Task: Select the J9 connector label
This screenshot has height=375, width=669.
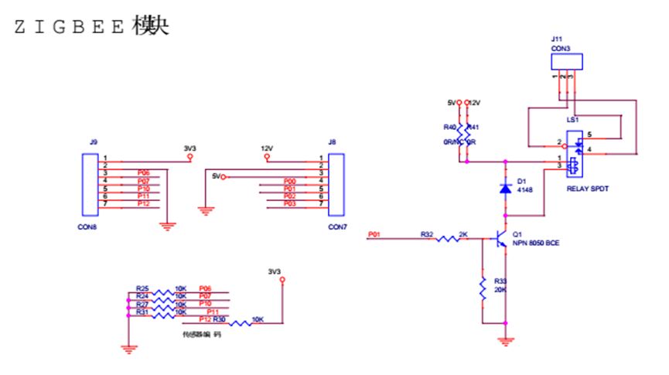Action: click(94, 142)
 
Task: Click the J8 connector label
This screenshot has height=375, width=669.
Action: click(333, 142)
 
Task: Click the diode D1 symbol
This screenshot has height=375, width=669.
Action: click(505, 187)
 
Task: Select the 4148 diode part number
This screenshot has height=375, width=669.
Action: click(526, 191)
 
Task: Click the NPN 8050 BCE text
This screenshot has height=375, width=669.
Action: click(535, 243)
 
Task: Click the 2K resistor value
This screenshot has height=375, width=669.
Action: click(463, 233)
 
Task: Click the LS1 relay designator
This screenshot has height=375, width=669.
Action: click(572, 120)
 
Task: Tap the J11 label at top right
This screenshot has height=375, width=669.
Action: click(557, 38)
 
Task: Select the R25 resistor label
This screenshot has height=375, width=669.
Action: click(142, 288)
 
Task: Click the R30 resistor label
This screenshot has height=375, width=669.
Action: click(219, 319)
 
